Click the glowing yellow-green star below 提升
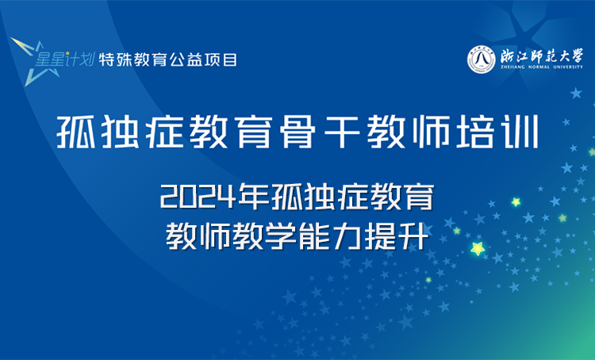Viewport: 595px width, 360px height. (x=478, y=249)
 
